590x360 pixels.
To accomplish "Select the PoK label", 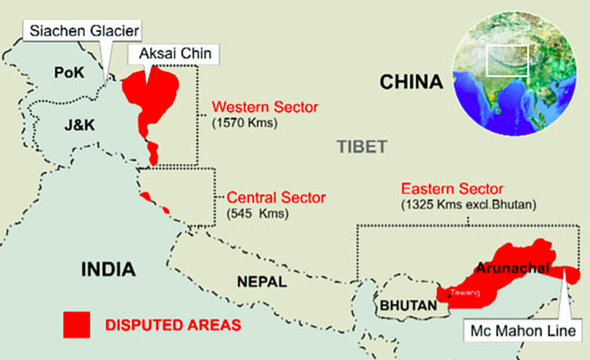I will pyautogui.click(x=70, y=73).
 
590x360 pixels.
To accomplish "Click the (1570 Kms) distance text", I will pyautogui.click(x=245, y=123).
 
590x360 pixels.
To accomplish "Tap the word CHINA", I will pyautogui.click(x=411, y=81).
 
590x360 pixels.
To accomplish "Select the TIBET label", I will pyautogui.click(x=362, y=147).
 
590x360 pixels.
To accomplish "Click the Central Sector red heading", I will pyautogui.click(x=276, y=197).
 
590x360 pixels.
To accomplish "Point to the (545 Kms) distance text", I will pyautogui.click(x=258, y=214).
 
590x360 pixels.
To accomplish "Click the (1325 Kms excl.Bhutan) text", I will pyautogui.click(x=468, y=205).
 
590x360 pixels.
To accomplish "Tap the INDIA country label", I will pyautogui.click(x=108, y=270).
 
